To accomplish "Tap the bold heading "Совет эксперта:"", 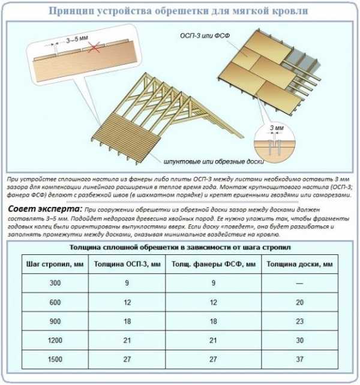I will (43, 209).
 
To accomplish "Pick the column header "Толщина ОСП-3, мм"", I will (128, 264).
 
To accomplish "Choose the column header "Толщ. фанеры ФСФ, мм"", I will (214, 264).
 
